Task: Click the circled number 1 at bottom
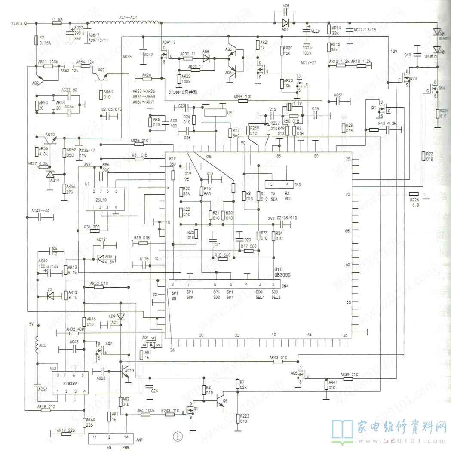tap(178, 436)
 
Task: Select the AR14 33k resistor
tap(329, 30)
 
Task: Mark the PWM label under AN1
tap(126, 447)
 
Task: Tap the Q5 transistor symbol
tap(222, 400)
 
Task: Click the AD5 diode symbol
tap(206, 58)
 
